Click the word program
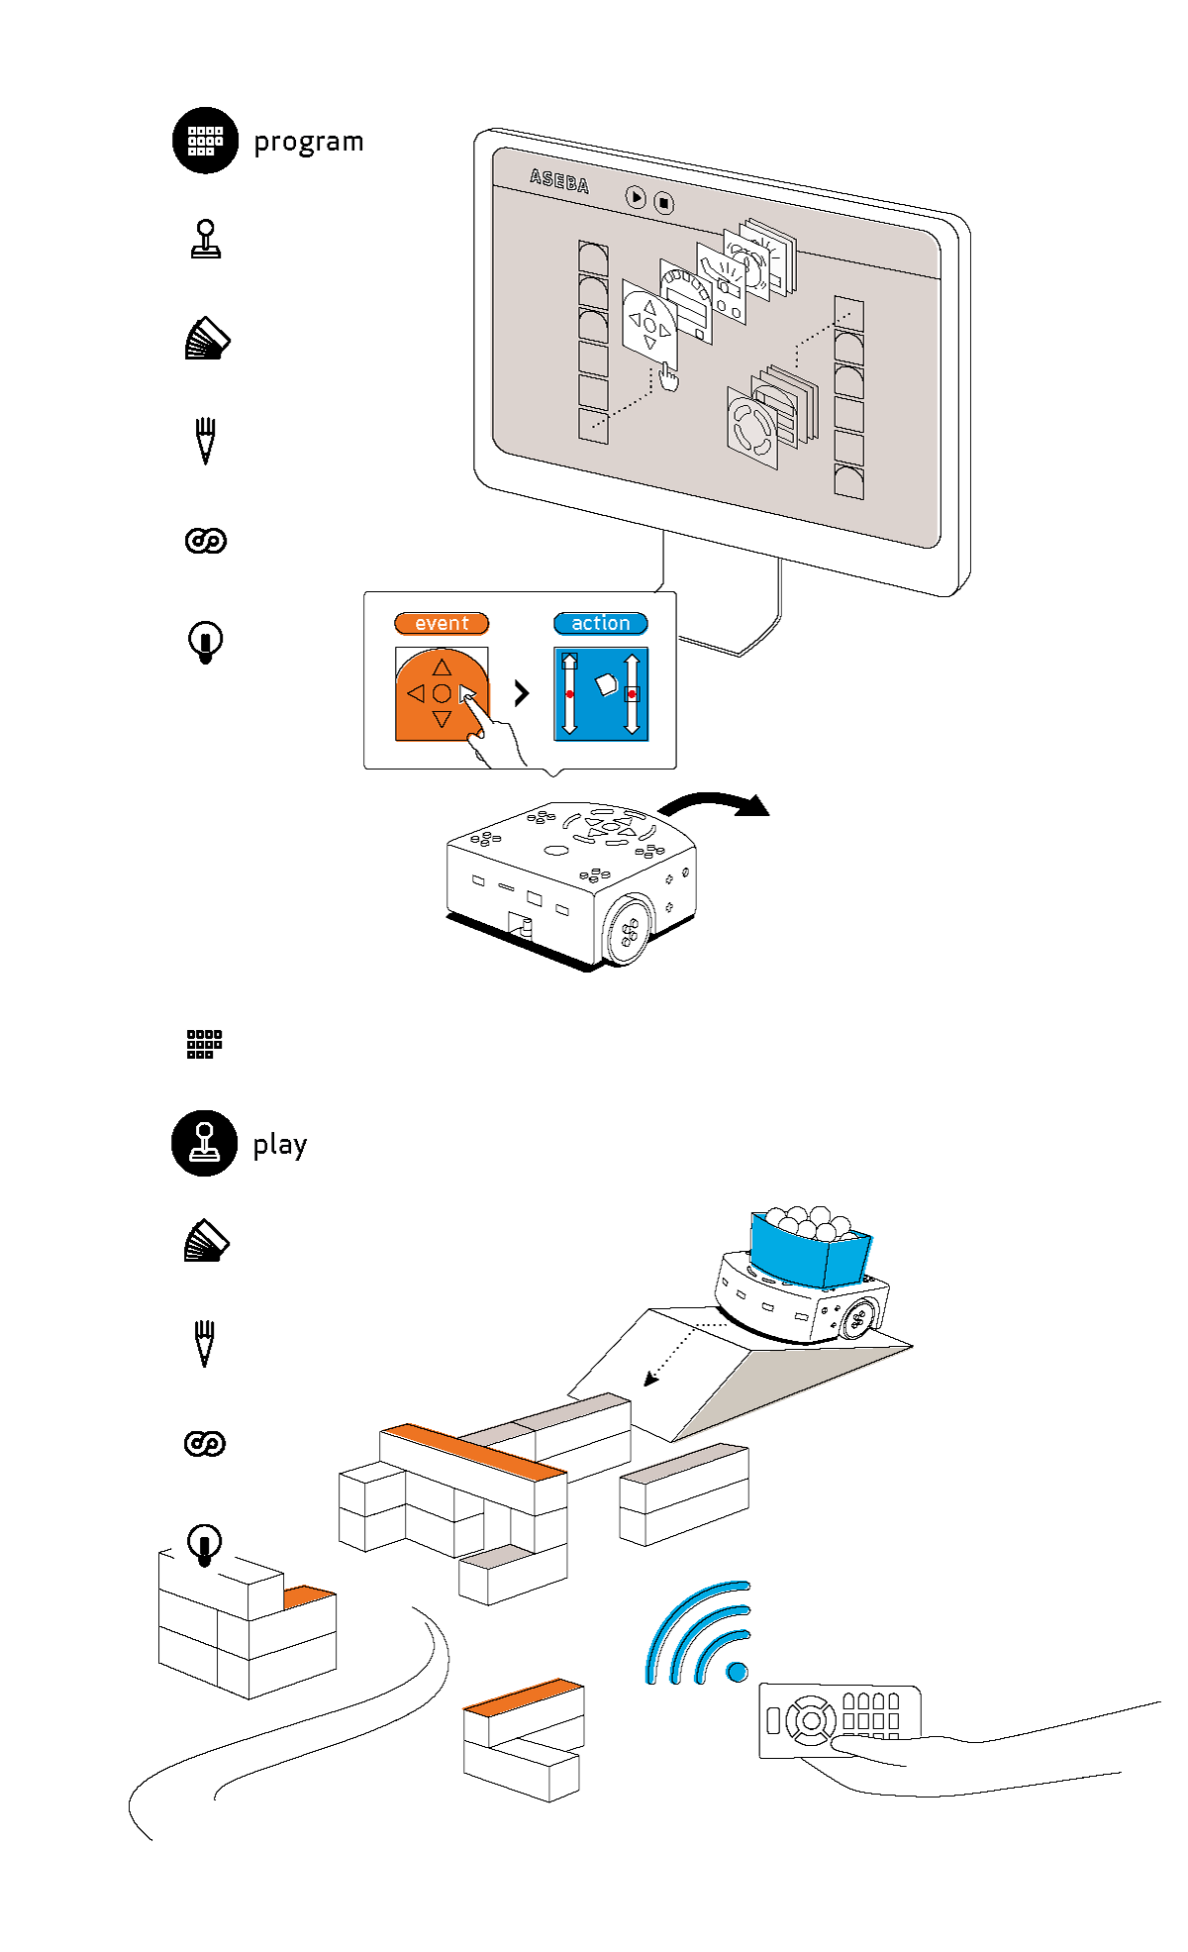(x=308, y=143)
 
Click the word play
(x=279, y=1145)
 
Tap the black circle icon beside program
(x=205, y=141)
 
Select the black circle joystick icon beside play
(x=204, y=1143)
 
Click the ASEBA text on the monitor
(x=559, y=181)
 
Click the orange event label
(x=442, y=623)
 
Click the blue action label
(x=600, y=623)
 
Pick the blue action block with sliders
(x=601, y=694)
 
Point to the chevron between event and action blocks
(x=522, y=693)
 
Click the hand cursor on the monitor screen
(x=669, y=377)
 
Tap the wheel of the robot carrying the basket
(x=857, y=1318)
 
